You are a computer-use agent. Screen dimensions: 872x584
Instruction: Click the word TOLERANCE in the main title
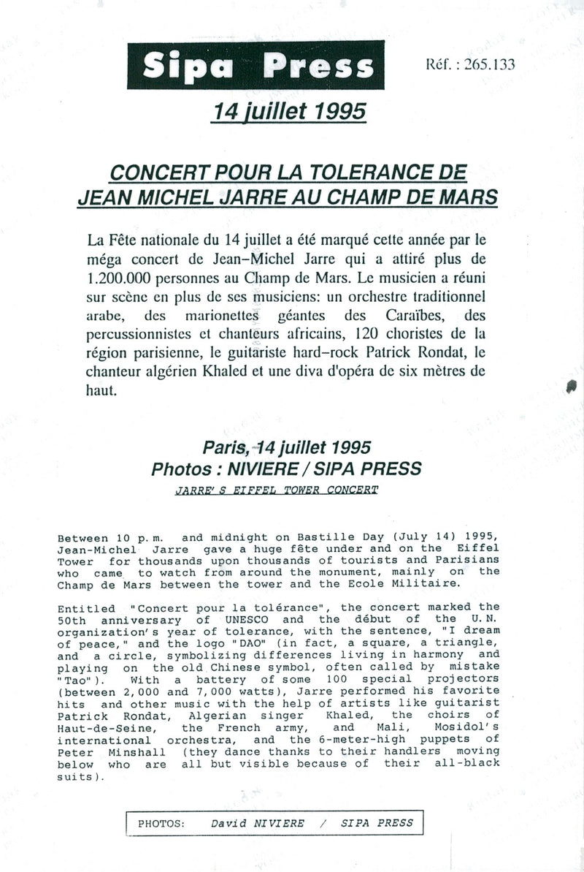pyautogui.click(x=380, y=174)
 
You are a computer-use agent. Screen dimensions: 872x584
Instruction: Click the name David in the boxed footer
pyautogui.click(x=227, y=823)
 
